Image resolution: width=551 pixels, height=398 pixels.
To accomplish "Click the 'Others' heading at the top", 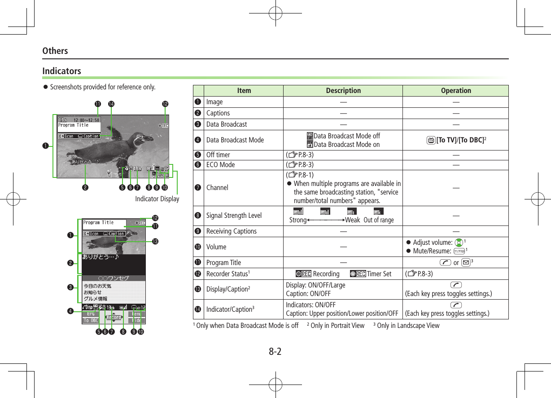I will tap(55, 51).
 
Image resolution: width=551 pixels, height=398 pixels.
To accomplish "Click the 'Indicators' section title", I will tap(62, 71).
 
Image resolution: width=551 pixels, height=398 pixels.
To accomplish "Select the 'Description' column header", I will tap(343, 91).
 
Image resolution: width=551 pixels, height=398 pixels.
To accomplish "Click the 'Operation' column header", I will tap(456, 91).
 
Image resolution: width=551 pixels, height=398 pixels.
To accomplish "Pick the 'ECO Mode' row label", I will tap(220, 164).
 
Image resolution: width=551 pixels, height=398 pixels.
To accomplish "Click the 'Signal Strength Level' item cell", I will tap(234, 216).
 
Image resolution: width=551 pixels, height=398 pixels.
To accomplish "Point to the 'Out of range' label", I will tap(378, 220).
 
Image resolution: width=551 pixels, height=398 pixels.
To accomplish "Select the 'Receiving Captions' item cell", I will tap(232, 231).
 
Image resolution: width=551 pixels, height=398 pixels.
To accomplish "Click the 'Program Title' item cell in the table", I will tap(223, 263).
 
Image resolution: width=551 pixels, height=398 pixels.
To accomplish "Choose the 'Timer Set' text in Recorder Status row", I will tap(379, 274).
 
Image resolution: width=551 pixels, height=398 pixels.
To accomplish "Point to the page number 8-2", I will tap(275, 351).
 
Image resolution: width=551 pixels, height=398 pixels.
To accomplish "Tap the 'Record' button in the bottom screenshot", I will tap(114, 317).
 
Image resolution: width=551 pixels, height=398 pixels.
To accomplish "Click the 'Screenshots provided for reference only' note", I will tap(103, 87).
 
